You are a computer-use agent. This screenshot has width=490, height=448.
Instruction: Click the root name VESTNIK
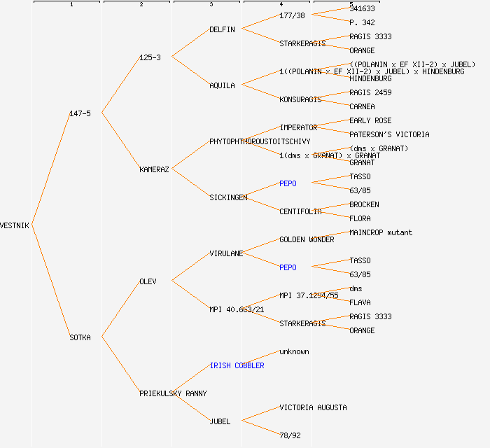[x=15, y=225]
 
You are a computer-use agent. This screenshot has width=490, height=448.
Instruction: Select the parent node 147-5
[x=80, y=113]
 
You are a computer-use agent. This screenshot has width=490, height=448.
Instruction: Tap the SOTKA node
[x=80, y=337]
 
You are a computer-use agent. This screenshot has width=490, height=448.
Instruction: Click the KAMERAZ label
[x=154, y=169]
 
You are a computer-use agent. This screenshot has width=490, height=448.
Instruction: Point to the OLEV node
[x=148, y=281]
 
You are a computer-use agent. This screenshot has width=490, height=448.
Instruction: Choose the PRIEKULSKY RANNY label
[x=173, y=393]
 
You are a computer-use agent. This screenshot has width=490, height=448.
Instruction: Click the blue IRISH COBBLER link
[x=237, y=365]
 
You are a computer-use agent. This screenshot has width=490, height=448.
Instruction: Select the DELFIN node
[x=222, y=29]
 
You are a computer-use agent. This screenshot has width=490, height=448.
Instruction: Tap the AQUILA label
[x=222, y=85]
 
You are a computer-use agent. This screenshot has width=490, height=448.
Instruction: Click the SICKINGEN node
[x=228, y=197]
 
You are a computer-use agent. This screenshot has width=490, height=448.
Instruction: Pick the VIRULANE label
[x=226, y=253]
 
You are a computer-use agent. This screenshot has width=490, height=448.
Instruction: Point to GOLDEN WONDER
[x=307, y=239]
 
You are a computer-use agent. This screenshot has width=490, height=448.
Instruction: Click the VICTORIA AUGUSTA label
[x=313, y=407]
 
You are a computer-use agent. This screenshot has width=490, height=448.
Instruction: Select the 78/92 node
[x=290, y=435]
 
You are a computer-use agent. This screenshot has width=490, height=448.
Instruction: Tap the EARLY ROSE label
[x=370, y=120]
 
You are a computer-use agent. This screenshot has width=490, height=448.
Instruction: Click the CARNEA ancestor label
[x=362, y=106]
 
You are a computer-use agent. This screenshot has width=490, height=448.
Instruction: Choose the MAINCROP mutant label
[x=381, y=232]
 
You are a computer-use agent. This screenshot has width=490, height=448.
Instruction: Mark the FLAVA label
[x=360, y=302]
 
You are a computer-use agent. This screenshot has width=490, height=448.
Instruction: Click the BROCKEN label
[x=364, y=204]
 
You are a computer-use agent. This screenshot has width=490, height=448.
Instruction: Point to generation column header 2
[x=141, y=5]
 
